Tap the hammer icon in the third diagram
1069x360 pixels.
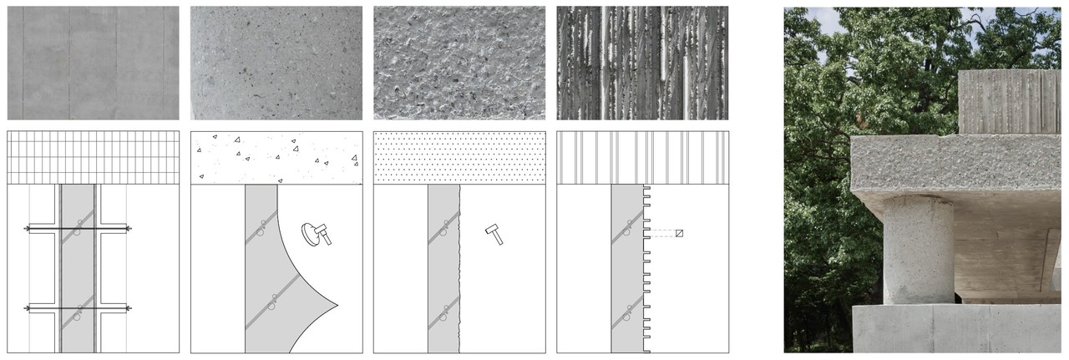coord(494,234)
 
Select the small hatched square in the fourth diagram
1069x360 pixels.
coord(679,233)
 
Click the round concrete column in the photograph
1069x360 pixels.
coord(918,249)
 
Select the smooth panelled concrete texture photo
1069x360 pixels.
coord(93,63)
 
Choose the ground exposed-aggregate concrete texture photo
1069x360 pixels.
coord(276,63)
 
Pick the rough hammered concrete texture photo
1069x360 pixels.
coord(459,63)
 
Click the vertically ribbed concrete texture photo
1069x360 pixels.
coord(641,63)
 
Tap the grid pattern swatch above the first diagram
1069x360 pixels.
coord(93,157)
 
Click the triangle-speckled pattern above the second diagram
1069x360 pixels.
coord(276,157)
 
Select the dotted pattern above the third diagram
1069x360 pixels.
coord(459,157)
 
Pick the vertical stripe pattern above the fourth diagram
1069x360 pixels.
coord(641,157)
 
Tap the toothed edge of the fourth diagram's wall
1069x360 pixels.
coord(648,267)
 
